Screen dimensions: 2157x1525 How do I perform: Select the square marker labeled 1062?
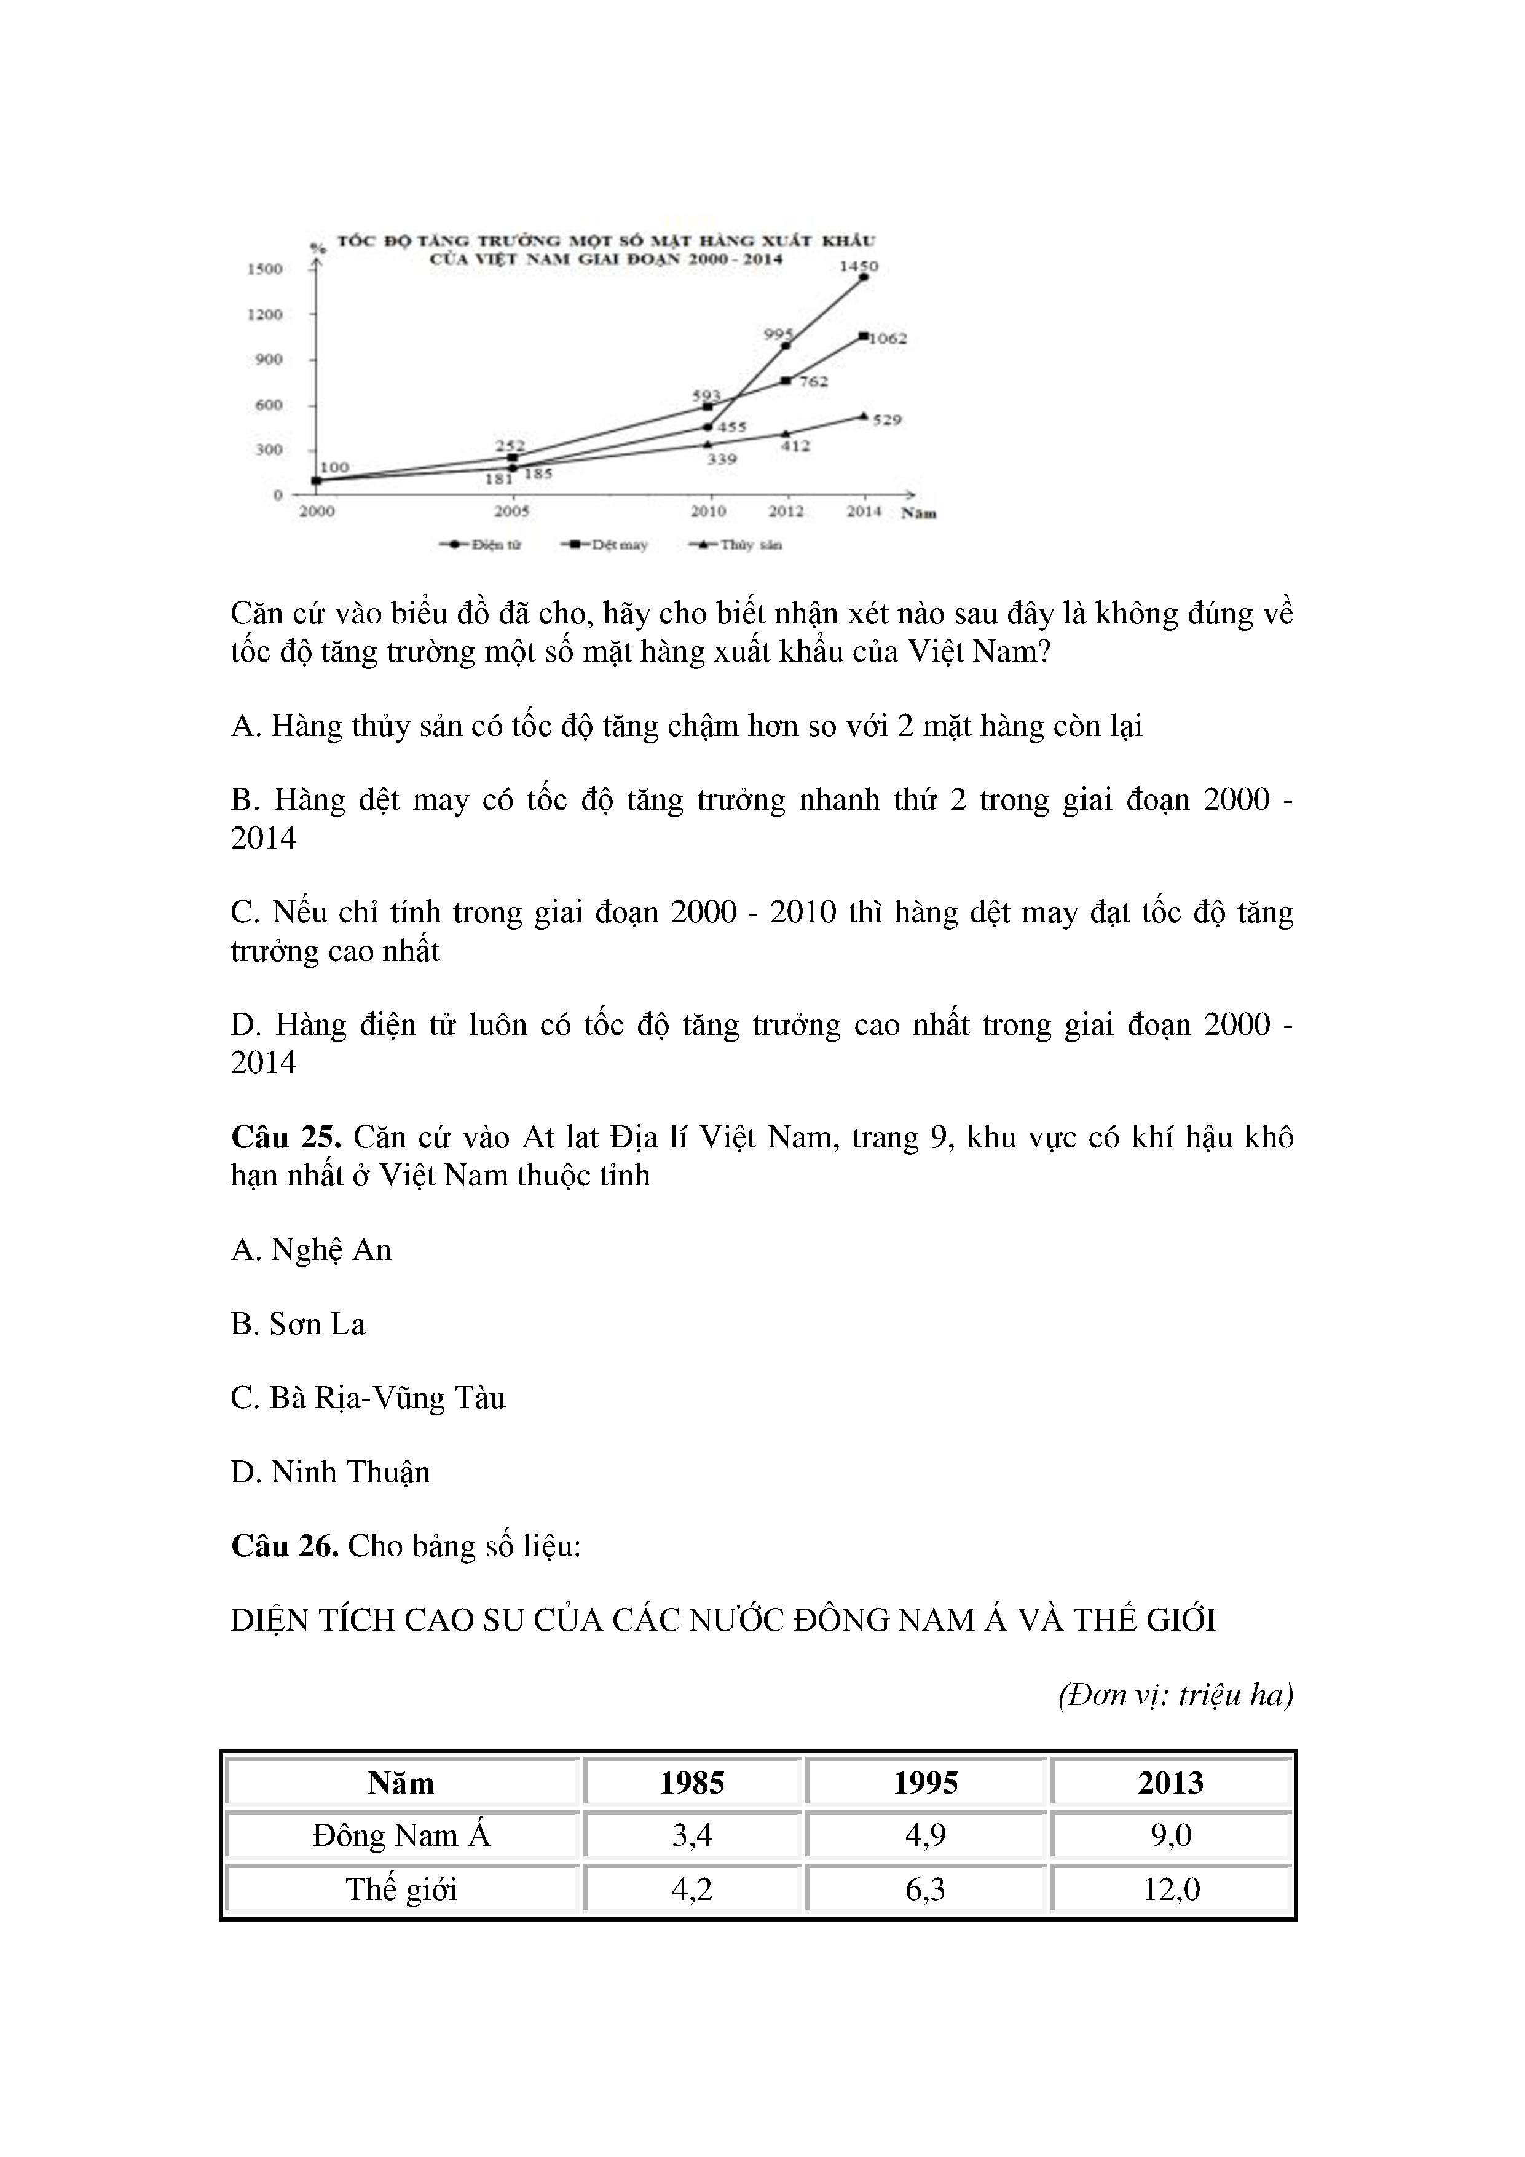coord(864,335)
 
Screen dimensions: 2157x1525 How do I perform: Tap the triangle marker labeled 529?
coord(864,415)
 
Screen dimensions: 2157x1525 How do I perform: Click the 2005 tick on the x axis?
coord(512,511)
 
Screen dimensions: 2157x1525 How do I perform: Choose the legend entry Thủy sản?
coord(736,545)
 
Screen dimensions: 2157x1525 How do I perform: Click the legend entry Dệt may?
coord(605,545)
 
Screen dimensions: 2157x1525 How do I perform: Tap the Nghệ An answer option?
coord(311,1249)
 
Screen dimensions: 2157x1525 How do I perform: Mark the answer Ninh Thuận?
coord(331,1471)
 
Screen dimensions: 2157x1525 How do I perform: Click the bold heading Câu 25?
coord(285,1138)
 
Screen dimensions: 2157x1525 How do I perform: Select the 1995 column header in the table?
coord(925,1783)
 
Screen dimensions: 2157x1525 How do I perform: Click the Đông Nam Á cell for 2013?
coord(1171,1835)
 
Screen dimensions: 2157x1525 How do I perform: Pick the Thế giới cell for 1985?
coord(692,1890)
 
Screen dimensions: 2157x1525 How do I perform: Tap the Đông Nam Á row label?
coord(401,1835)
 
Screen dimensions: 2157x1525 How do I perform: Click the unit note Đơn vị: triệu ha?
coord(1175,1695)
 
